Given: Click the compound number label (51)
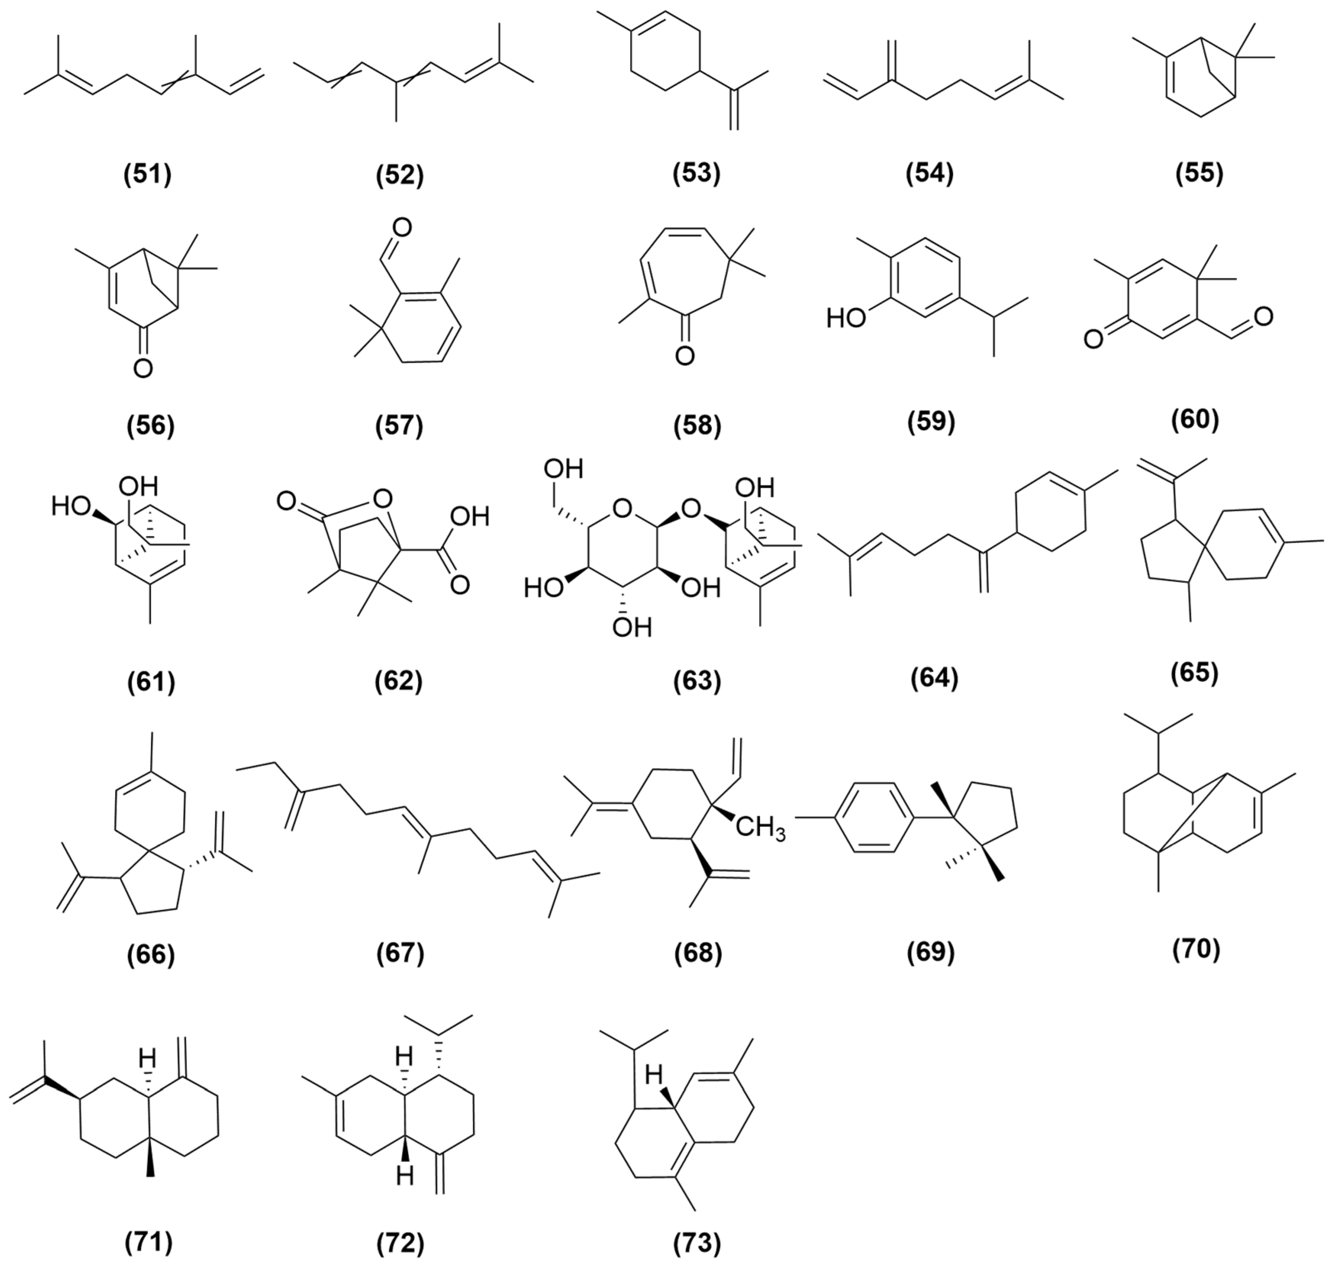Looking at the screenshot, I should click(148, 174).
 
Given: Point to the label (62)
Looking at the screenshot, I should click(398, 681).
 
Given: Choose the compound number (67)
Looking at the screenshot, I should click(400, 953).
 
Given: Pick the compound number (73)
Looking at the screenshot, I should click(697, 1242).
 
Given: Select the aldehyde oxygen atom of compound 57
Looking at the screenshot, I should click(401, 227).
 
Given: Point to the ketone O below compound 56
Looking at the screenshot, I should click(143, 368).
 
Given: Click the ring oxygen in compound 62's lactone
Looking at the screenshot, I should click(382, 500).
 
